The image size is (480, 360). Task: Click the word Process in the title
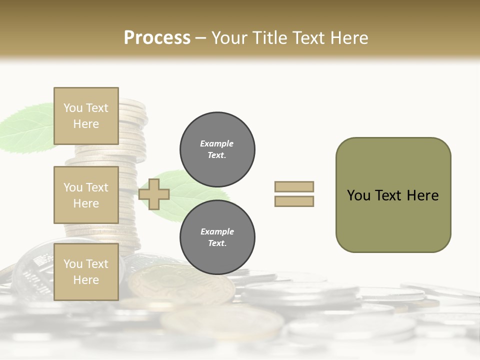point(157,38)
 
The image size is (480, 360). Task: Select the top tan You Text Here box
point(86,116)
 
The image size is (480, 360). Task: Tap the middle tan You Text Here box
point(86,195)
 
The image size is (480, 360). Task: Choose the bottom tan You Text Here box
point(86,272)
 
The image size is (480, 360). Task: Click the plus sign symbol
point(154,194)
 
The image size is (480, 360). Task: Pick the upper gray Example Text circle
point(217,149)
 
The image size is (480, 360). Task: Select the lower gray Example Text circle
point(217,237)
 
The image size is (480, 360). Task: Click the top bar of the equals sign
point(294,186)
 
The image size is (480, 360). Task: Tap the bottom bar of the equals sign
point(294,201)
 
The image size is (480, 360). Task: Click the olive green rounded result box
point(393,195)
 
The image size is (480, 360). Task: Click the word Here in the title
point(349,38)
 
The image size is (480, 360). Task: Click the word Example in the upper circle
point(217,144)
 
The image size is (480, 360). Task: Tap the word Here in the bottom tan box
point(86,280)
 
